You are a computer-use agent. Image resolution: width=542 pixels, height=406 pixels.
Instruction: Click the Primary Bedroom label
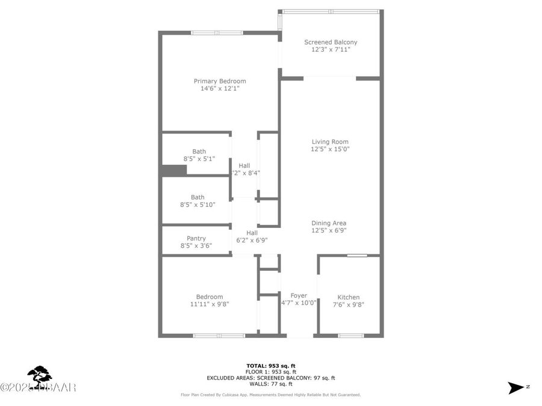coord(220,81)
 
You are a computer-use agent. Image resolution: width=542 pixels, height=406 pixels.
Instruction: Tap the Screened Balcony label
coord(331,42)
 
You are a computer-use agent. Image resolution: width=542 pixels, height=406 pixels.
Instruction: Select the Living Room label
coord(330,142)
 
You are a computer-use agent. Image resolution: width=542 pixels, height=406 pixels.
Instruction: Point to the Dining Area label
coord(329,223)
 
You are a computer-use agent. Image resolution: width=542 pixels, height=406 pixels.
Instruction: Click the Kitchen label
coord(348,297)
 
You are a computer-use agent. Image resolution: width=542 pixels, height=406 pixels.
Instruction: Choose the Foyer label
coord(299,295)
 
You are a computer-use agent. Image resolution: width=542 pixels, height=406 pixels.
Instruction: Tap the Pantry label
coord(196,238)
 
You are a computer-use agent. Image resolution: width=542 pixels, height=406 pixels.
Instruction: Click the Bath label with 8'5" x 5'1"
coord(199,152)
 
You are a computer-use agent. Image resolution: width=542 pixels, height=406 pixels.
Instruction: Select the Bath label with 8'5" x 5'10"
coord(198,197)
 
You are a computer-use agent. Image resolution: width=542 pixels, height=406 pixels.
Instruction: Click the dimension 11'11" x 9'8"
coord(210,304)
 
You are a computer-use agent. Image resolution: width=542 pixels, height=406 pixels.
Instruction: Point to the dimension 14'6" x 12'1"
coord(220,89)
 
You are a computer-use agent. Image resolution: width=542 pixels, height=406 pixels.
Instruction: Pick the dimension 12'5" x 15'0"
coord(330,149)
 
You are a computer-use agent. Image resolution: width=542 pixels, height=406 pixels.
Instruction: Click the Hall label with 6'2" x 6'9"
coord(252,233)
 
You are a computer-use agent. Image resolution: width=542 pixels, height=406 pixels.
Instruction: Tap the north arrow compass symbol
coord(516,387)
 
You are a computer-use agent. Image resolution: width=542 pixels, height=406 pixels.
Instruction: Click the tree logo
coord(40,378)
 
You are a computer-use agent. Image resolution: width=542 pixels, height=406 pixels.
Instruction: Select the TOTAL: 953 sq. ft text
coord(271,366)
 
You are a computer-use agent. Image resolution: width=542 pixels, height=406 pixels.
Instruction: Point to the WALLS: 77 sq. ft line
coord(271,384)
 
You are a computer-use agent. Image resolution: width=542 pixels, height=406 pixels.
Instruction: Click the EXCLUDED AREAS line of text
coord(271,378)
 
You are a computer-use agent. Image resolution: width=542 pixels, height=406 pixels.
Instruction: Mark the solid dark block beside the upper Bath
coord(174,170)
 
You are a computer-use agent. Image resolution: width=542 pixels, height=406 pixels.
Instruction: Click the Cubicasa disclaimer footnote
coord(271,395)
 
